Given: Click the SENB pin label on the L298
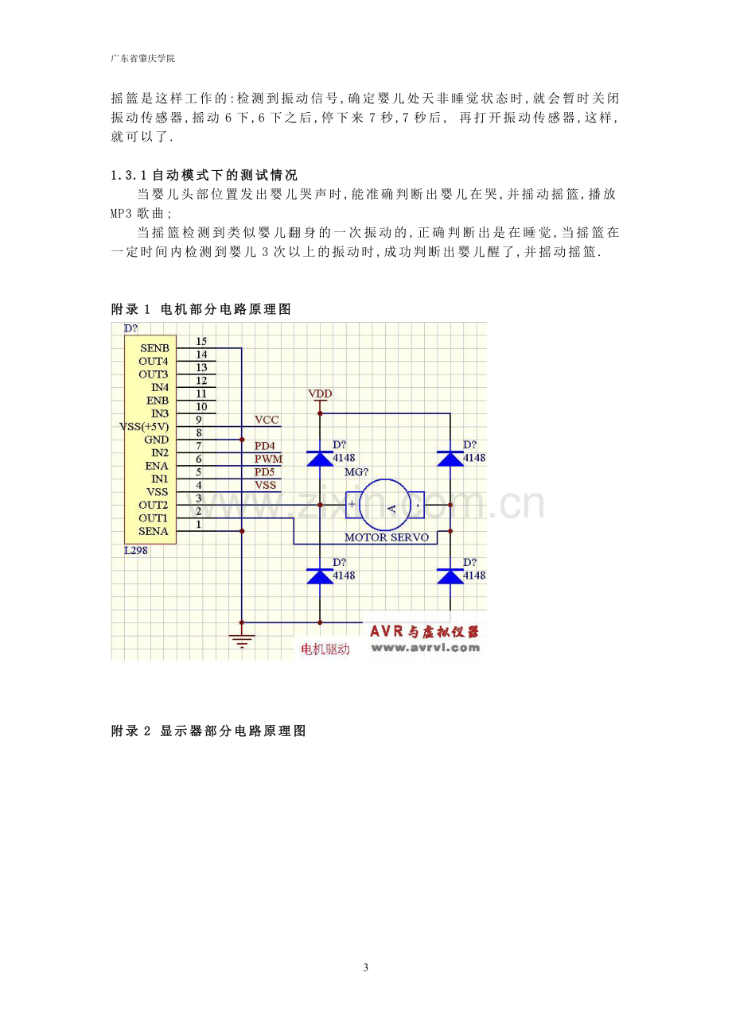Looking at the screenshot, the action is point(154,348).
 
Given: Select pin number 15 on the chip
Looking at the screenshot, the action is point(201,341).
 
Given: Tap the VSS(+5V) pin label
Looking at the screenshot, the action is point(144,426).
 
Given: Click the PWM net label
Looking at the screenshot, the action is point(268,459).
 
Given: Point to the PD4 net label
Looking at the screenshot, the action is point(264,446).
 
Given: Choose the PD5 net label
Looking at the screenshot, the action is point(264,471).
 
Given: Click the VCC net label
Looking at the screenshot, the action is point(267,420).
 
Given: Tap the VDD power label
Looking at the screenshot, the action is point(320,393).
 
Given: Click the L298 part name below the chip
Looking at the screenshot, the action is point(136,550).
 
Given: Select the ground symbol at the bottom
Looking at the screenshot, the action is point(241,640).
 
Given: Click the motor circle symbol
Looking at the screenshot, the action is point(385,505).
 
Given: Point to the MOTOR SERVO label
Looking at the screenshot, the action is point(387,537).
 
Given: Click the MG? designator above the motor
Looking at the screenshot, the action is point(356,472).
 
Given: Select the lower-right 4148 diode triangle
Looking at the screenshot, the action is point(450,576).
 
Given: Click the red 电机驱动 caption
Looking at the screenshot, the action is point(325,649).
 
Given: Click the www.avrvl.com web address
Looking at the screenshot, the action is point(426,648).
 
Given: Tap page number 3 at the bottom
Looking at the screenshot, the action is point(366,967).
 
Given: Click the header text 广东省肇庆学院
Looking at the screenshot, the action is point(143,59).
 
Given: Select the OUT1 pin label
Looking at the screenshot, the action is point(153,518).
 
